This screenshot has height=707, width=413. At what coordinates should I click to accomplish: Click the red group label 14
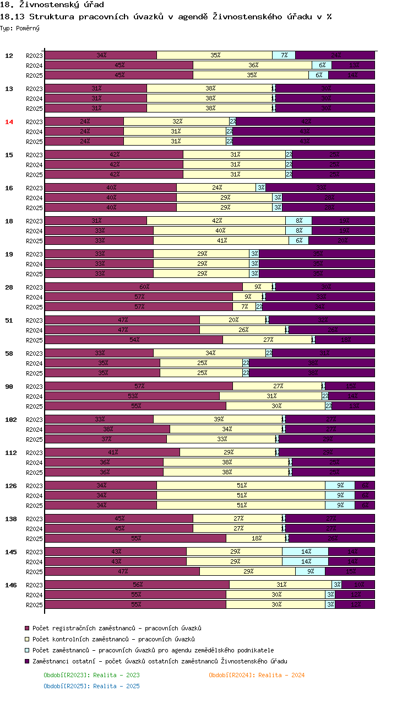9,122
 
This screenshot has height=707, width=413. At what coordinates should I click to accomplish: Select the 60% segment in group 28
144,287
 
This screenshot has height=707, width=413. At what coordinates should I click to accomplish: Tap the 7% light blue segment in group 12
284,55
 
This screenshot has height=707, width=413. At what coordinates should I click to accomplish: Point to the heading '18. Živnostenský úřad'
52,5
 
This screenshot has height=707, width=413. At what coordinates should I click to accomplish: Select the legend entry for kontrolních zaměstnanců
113,639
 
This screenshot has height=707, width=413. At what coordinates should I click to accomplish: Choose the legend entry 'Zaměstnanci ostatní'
160,661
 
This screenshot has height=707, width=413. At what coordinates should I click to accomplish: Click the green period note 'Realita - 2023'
91,675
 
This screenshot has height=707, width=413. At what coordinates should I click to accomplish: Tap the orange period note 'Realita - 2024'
257,675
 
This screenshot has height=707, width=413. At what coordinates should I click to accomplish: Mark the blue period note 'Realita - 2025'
91,686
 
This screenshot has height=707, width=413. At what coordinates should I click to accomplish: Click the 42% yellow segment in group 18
216,221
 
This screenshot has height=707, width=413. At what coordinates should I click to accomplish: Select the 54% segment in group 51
134,340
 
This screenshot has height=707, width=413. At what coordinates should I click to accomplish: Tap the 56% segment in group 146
137,585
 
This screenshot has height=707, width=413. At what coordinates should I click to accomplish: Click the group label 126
10,486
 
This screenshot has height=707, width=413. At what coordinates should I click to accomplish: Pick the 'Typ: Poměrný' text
20,28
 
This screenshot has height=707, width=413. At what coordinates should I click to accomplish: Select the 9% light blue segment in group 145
310,571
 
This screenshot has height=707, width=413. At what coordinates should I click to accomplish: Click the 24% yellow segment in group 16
216,188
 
